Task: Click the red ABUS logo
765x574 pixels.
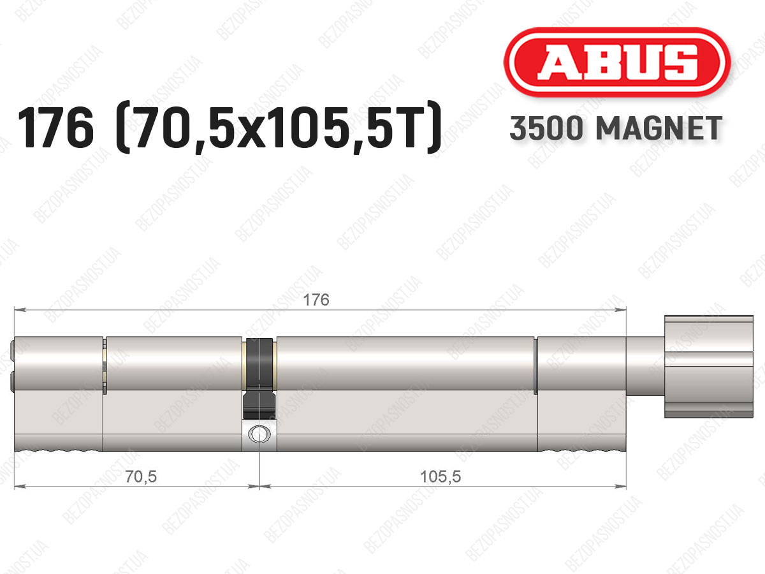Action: [617, 62]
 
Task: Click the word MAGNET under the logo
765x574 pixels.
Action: [659, 128]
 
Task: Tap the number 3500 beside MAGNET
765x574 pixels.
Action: [546, 128]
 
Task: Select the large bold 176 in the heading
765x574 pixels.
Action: [55, 128]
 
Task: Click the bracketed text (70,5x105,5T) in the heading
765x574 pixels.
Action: [278, 128]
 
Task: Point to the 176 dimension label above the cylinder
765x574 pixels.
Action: [316, 300]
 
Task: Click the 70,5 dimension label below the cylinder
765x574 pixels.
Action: [141, 477]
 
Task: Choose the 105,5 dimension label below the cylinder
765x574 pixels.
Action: [441, 477]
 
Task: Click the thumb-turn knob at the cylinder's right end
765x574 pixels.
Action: [708, 367]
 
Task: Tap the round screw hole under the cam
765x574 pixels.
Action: [259, 434]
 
